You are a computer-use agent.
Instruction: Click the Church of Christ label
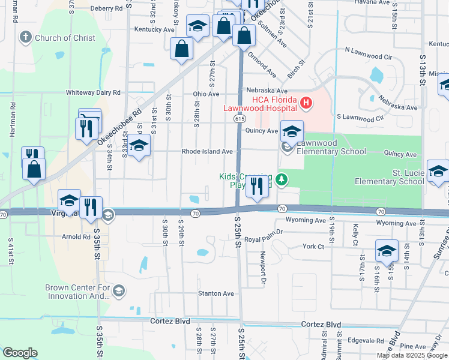click(65, 38)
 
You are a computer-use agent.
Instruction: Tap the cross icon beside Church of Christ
click(25, 38)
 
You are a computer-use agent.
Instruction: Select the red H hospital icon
click(306, 103)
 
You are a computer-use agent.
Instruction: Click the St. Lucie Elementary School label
click(390, 177)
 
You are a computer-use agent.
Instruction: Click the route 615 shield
click(238, 119)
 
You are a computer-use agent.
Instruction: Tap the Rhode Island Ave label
click(207, 152)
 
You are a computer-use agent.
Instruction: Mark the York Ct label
click(313, 247)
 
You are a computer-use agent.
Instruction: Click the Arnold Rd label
click(76, 237)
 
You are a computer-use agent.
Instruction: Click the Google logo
click(20, 353)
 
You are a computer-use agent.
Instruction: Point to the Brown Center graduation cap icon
click(118, 291)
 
